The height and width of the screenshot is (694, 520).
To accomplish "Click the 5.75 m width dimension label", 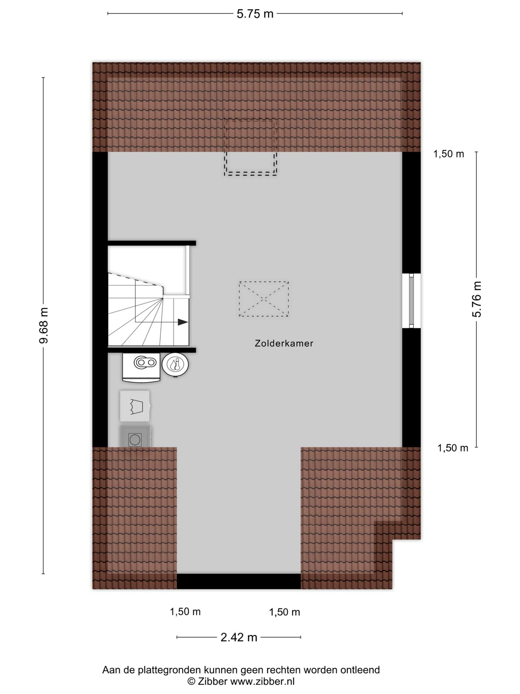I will [255, 14].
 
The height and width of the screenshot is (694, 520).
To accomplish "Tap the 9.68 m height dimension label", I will [44, 325].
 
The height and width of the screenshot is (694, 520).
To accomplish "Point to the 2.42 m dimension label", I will [239, 637].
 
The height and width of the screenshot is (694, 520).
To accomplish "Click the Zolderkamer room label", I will [284, 343].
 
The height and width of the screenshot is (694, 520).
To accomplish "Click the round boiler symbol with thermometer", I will [175, 364].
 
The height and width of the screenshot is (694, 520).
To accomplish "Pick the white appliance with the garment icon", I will [135, 406].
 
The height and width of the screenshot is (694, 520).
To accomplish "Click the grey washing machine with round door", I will [135, 437].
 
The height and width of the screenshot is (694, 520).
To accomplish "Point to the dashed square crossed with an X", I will [264, 299].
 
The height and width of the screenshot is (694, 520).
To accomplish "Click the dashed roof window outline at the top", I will [251, 147].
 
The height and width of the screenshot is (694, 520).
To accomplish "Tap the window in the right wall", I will [411, 301].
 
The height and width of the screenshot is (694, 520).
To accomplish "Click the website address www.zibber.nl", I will [262, 681].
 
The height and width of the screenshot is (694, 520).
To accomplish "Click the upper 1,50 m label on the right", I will [448, 154].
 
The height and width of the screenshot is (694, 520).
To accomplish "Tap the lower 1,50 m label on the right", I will [453, 448].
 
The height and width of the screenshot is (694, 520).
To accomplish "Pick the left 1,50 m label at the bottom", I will [185, 612].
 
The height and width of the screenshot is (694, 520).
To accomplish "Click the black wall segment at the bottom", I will [239, 581].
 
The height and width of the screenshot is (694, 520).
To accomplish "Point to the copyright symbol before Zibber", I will [191, 681].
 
